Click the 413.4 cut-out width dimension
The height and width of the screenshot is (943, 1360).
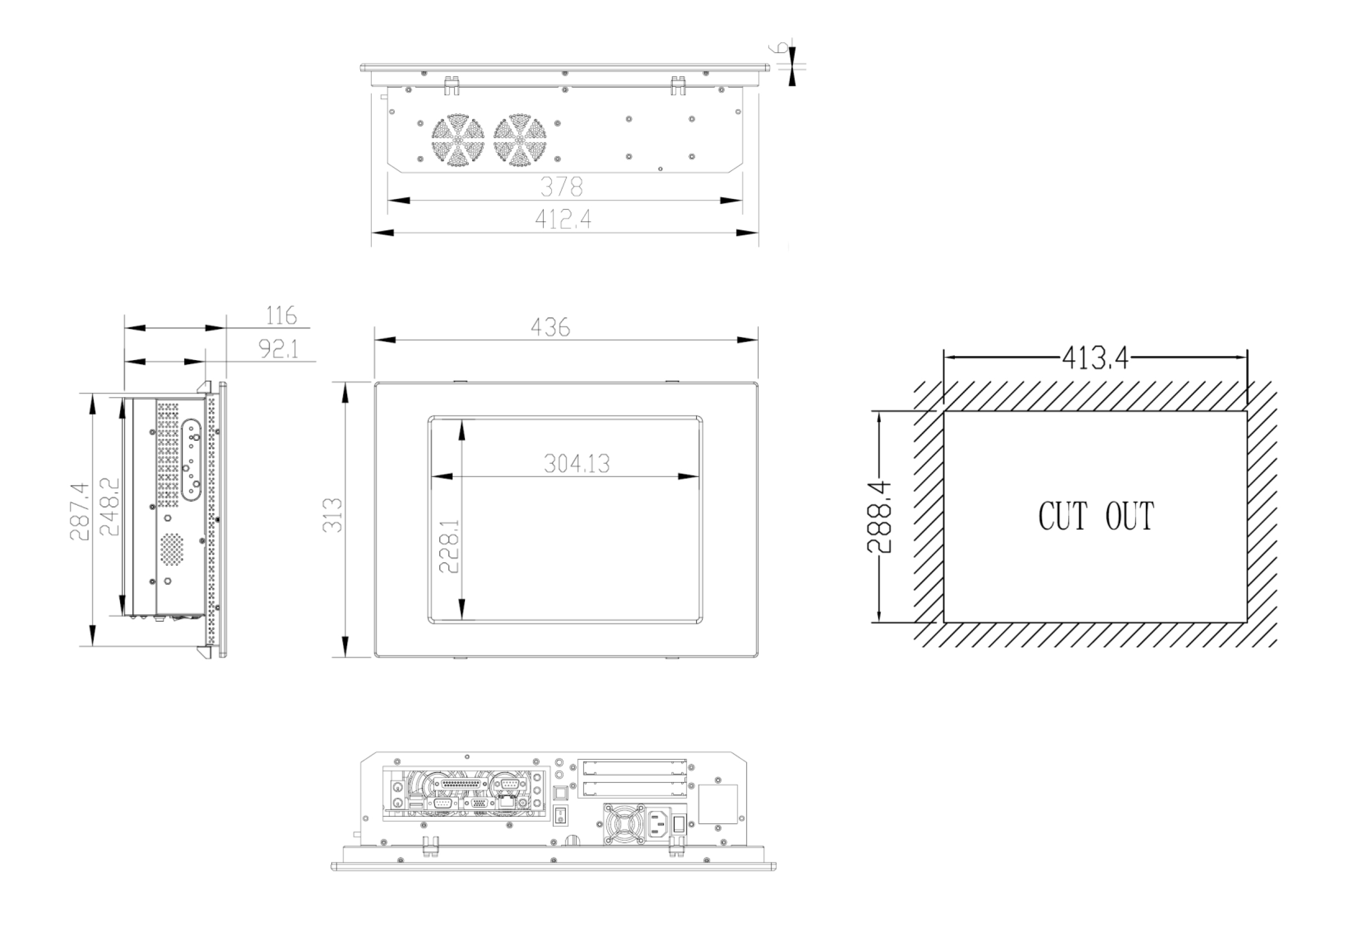coord(1095,358)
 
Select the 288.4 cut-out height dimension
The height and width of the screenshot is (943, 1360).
coord(879,517)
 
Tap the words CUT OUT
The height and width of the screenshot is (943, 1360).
coord(1096,516)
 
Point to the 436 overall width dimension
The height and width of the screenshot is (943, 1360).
coord(550,327)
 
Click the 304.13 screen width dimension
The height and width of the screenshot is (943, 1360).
coord(576,464)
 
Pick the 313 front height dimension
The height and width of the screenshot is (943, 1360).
coord(333,515)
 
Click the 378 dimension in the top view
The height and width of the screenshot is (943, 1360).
coord(562,188)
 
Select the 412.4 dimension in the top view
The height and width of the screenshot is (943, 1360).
coord(563,220)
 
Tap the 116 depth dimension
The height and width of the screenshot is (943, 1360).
coord(281,315)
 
